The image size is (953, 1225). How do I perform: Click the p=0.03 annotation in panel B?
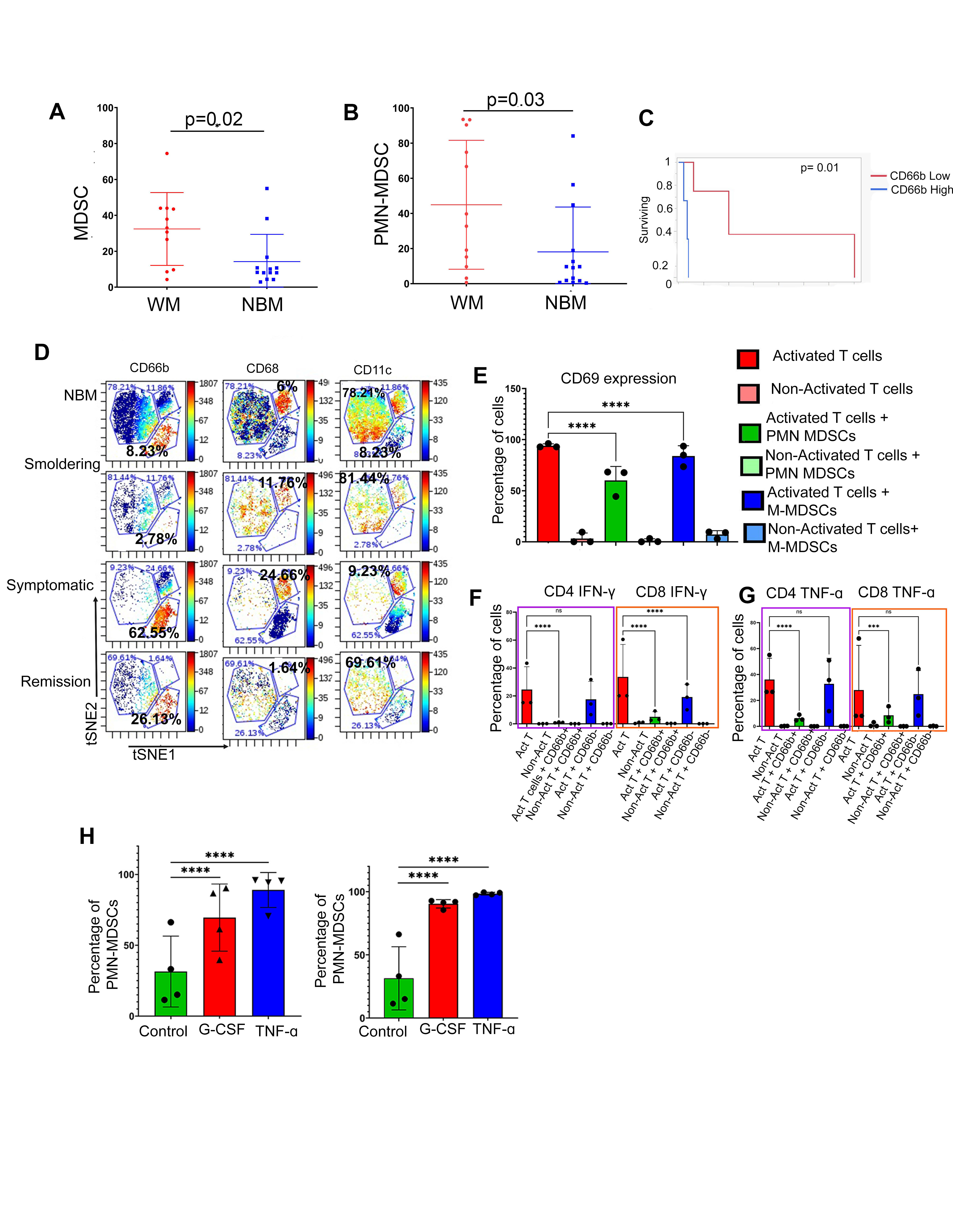tap(515, 100)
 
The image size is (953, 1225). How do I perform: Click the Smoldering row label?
tap(62, 464)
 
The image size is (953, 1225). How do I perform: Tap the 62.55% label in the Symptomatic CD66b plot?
tap(154, 633)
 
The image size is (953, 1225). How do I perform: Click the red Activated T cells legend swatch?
tap(748, 359)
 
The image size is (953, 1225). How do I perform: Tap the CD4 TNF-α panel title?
tap(804, 593)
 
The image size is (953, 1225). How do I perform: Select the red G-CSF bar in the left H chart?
tap(219, 966)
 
